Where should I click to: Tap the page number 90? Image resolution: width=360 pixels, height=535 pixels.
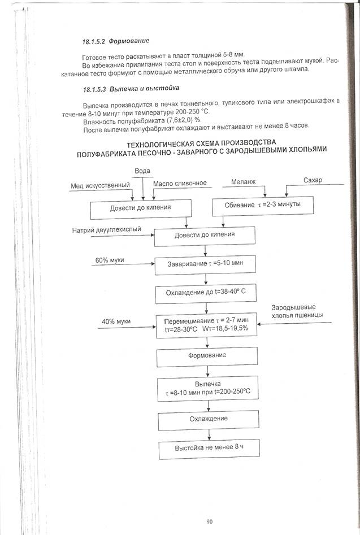tap(209, 521)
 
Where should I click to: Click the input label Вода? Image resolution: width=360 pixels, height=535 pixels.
tap(143, 171)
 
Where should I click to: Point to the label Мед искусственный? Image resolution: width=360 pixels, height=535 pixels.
tap(100, 185)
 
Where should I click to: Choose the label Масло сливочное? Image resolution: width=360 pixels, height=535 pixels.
tap(180, 184)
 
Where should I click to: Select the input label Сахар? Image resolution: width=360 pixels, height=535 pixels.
tap(312, 180)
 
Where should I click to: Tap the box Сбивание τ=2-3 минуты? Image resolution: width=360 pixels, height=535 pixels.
tap(263, 205)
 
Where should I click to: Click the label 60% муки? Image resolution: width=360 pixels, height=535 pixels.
tap(110, 260)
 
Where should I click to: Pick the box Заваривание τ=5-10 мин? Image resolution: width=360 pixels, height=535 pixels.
tap(207, 263)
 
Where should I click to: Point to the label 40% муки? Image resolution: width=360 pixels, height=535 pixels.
tap(116, 321)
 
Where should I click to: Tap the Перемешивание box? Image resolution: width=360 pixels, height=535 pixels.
tap(207, 325)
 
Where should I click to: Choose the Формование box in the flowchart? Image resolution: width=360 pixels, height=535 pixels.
tap(207, 356)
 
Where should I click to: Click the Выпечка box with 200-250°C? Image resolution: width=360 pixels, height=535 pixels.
tap(207, 389)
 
